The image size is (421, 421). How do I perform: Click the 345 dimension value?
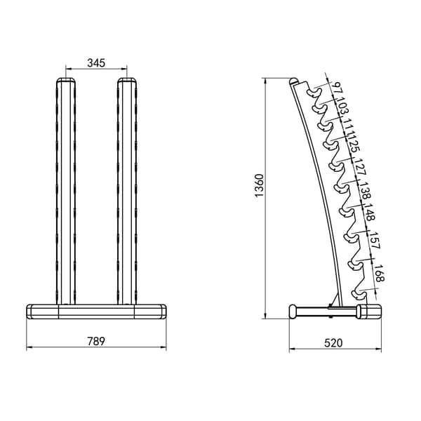[x=96, y=63]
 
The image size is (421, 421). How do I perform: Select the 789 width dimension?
[x=96, y=341]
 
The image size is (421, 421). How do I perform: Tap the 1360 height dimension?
[x=260, y=185]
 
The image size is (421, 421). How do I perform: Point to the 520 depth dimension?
[x=333, y=343]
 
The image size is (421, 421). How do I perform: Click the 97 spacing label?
[x=336, y=88]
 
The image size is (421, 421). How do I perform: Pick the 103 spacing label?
[x=342, y=107]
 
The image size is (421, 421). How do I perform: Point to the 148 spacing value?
[x=370, y=212]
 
